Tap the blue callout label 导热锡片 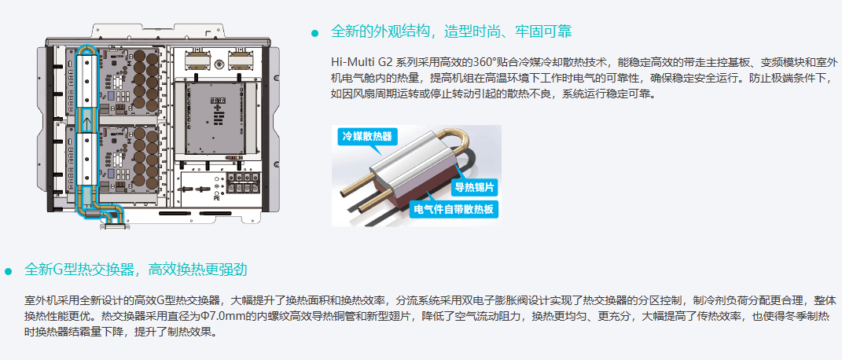[x=475, y=187]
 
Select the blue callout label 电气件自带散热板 [x=454, y=209]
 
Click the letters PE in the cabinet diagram [x=216, y=198]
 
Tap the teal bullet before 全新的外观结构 [x=315, y=33]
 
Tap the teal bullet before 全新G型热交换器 [x=8, y=271]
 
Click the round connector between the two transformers [x=219, y=64]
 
